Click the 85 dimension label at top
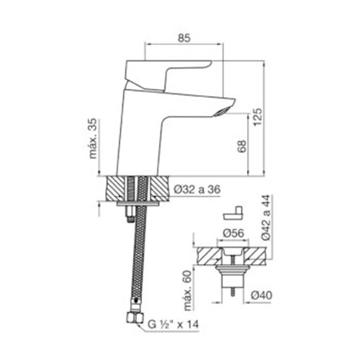(x=184, y=38)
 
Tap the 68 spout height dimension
(x=242, y=146)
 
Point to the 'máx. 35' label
(x=93, y=138)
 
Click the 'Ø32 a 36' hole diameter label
(x=197, y=189)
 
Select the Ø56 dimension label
(x=233, y=234)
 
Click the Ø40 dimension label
(x=261, y=295)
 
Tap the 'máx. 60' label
(x=188, y=290)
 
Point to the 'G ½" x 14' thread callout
(x=173, y=324)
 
